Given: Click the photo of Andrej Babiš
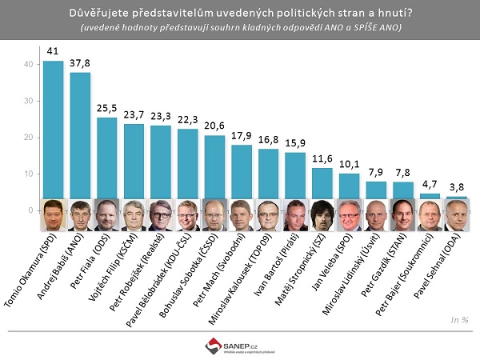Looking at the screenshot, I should pyautogui.click(x=80, y=215).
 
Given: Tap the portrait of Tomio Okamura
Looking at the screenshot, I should pyautogui.click(x=53, y=215).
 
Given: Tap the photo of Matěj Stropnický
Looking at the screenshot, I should pyautogui.click(x=322, y=215).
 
